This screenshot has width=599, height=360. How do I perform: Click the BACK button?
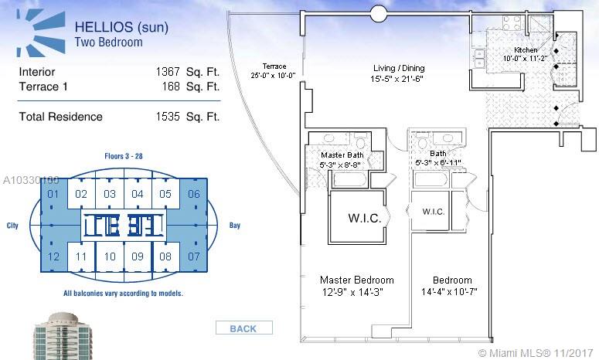244,328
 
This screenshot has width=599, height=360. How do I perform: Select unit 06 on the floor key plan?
194,194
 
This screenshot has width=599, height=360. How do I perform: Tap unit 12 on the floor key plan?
53,256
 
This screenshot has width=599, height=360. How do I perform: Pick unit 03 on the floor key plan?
110,194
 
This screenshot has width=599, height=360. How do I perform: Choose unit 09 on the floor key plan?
138,256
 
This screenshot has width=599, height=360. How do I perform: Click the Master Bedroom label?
357,280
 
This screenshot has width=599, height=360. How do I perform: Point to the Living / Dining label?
399,68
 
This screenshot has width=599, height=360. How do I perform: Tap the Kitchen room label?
526,49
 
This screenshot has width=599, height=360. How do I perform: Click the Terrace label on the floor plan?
274,66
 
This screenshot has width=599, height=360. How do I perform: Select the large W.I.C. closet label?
365,218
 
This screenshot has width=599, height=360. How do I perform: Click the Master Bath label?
342,155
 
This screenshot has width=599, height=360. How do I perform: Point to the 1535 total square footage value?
168,117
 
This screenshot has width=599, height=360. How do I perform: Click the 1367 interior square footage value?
168,72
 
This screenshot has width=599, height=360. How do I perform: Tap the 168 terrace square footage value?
171,87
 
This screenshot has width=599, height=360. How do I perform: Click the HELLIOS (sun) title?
121,27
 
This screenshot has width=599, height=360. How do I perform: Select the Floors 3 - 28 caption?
124,156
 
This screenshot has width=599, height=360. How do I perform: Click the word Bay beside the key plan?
234,226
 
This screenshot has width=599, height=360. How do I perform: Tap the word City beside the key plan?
12,226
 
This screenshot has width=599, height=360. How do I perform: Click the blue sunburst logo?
40,33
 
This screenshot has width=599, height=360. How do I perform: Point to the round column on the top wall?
379,15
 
